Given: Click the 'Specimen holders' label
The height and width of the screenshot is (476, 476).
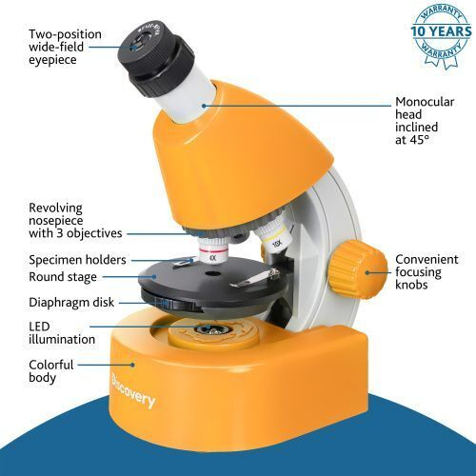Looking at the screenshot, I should (75, 259).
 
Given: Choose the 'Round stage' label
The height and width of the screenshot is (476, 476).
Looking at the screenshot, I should (62, 278).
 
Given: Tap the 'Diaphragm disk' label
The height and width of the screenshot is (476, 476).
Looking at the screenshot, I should (69, 304).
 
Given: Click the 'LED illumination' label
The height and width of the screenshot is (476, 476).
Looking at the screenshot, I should (61, 332).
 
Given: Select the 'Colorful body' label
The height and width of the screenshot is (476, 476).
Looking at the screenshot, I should (51, 371).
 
